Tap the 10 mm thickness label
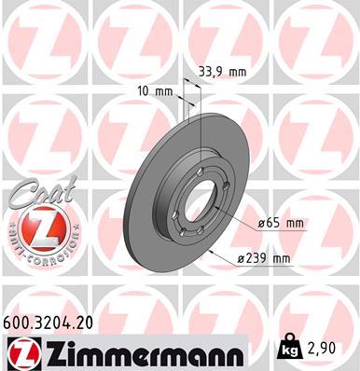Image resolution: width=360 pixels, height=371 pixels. pyautogui.click(x=160, y=90)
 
